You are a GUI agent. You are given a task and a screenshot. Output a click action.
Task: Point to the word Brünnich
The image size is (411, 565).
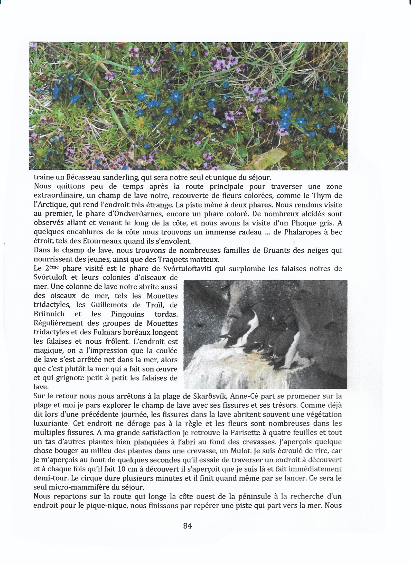tap(49, 314)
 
